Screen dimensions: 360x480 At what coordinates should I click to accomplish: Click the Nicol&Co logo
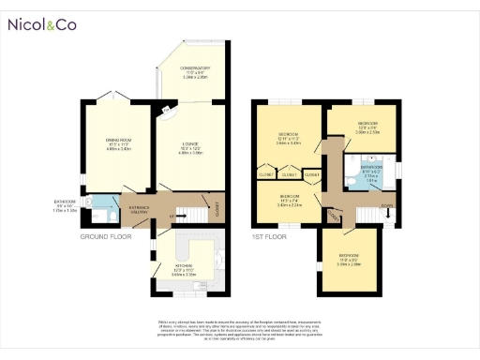41,25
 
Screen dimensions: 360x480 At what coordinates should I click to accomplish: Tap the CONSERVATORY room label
196,68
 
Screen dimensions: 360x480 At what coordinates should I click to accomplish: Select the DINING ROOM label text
119,141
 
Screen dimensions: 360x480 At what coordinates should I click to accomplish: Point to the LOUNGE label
191,145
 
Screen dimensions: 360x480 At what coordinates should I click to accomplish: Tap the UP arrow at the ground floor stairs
172,217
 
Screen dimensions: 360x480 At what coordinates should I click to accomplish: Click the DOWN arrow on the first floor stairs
388,207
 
